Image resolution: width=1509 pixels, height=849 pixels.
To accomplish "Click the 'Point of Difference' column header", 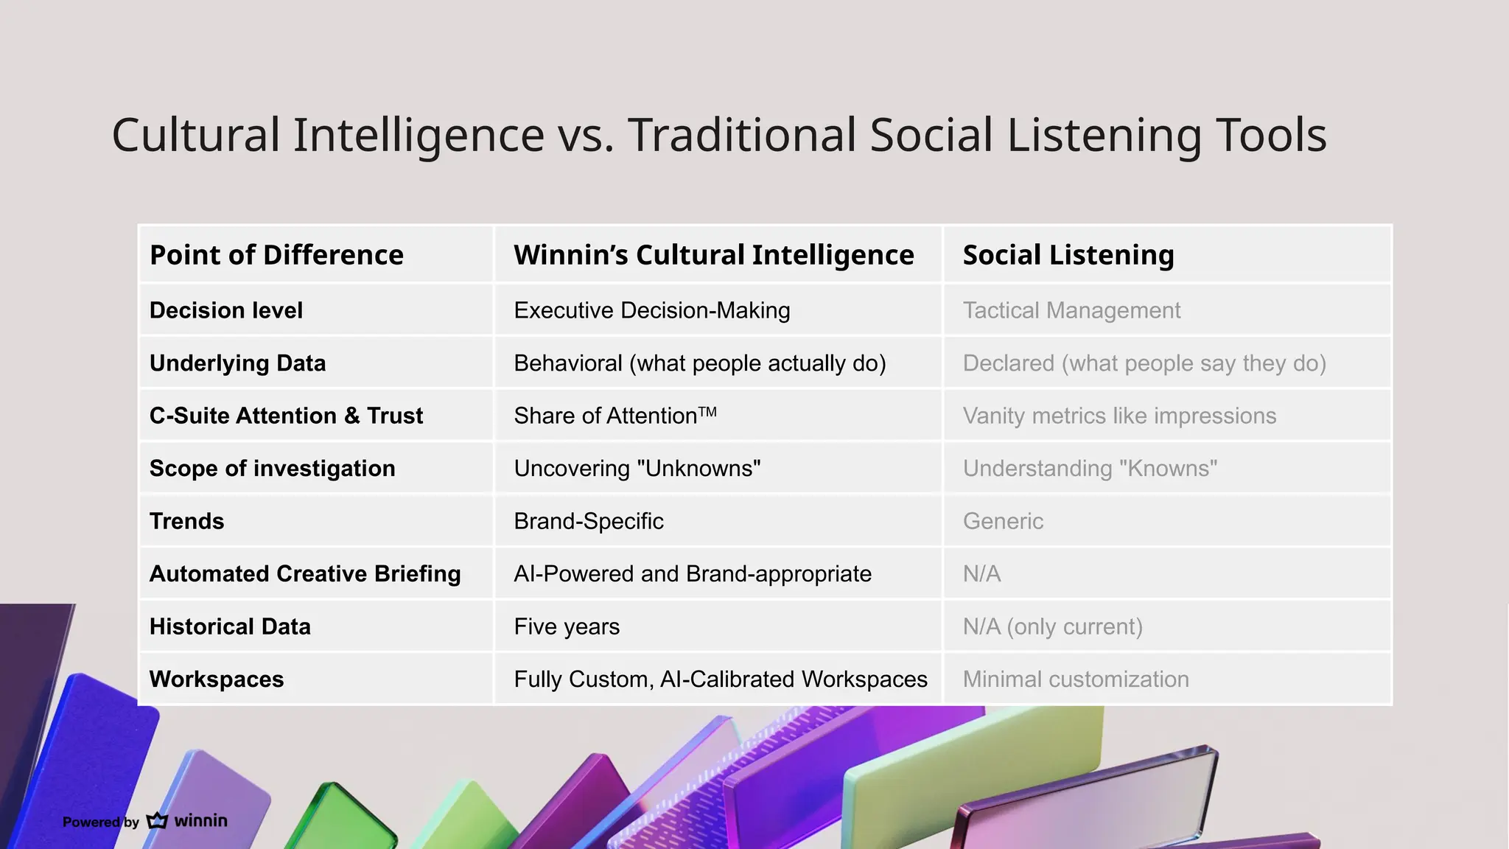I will (276, 255).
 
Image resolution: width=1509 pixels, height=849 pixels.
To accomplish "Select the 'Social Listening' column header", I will (1068, 255).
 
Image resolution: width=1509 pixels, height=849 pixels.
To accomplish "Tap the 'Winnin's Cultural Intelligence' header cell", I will (713, 255).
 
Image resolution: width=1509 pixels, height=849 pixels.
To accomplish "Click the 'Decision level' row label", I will (225, 310).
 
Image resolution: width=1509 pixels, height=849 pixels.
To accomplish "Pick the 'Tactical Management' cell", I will (1071, 310).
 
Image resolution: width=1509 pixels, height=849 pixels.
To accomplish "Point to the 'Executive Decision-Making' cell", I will (651, 310).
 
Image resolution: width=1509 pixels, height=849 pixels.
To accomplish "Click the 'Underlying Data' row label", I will (237, 363).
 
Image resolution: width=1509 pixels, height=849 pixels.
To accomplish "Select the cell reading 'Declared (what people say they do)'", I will (1144, 363).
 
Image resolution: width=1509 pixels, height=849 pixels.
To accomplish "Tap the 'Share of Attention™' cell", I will (615, 416).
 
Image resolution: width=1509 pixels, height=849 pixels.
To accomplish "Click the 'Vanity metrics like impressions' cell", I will (1118, 416).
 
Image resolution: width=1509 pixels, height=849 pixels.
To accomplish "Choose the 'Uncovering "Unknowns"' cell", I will (637, 469).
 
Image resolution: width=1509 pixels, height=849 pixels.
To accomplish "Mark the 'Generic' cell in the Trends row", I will (1003, 521).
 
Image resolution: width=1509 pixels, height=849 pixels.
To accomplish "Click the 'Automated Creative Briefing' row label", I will (304, 574).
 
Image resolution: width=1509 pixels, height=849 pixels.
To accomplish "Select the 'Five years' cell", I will (566, 626).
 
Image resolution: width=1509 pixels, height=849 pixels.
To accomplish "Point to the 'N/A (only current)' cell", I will (1052, 626).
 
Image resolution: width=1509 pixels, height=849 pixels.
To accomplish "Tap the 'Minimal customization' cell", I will (1075, 679).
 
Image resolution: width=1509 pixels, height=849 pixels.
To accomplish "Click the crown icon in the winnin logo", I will (157, 820).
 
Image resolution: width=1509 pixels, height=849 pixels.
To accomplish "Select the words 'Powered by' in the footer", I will (100, 822).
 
